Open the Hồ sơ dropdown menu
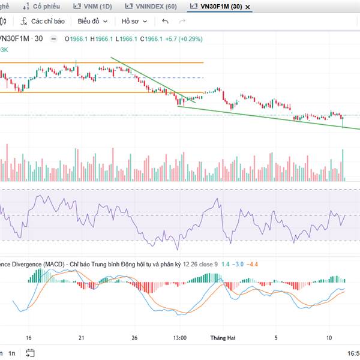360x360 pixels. point(133,21)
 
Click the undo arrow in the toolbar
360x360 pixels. point(165,21)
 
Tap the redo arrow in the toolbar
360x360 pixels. point(183,21)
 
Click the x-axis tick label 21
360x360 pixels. point(82,338)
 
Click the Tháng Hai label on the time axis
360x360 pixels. point(221,338)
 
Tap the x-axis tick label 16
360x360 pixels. point(29,338)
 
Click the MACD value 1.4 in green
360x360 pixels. point(225,264)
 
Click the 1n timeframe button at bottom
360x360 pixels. point(12,353)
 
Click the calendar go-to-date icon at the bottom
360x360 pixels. point(29,353)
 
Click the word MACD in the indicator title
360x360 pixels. point(54,264)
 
